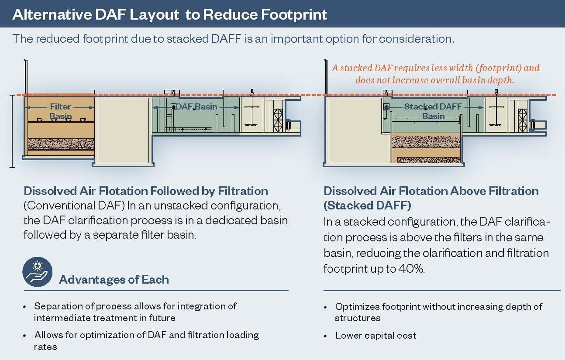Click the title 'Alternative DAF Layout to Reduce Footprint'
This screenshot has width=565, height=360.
tap(170, 14)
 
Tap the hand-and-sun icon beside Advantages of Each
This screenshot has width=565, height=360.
tap(38, 271)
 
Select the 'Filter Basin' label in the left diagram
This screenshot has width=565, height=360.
tap(61, 111)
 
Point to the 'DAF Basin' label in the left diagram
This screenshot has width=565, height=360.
tap(196, 106)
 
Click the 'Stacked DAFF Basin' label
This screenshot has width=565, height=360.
tap(433, 111)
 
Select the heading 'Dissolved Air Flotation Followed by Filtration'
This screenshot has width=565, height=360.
tap(146, 191)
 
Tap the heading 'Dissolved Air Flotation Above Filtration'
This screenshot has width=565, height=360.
tap(431, 191)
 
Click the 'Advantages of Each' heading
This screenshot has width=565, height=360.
tap(114, 279)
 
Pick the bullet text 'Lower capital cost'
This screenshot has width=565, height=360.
tap(376, 336)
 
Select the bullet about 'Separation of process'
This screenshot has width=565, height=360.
tap(135, 312)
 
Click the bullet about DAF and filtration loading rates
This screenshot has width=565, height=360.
tap(147, 341)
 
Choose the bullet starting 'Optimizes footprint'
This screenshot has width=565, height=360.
tap(438, 312)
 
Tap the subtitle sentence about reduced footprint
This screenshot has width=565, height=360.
tap(233, 38)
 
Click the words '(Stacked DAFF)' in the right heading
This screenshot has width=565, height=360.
tap(368, 205)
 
